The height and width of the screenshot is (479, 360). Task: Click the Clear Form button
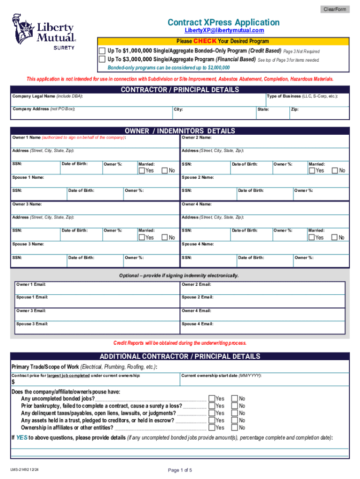pyautogui.click(x=334, y=9)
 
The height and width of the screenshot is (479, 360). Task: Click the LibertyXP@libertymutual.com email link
pyautogui.click(x=223, y=30)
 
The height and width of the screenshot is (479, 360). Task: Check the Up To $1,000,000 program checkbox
pyautogui.click(x=102, y=51)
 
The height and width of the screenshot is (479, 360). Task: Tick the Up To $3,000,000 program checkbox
pyautogui.click(x=102, y=59)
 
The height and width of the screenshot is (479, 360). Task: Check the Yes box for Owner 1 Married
pyautogui.click(x=142, y=171)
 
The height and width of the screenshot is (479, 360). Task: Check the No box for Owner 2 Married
pyautogui.click(x=334, y=171)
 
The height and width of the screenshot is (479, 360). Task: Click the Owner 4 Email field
pyautogui.click(x=264, y=313)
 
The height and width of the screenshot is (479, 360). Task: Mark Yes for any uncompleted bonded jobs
pyautogui.click(x=212, y=399)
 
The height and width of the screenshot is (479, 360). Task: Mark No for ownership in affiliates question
pyautogui.click(x=235, y=428)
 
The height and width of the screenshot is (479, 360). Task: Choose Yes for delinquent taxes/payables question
pyautogui.click(x=212, y=414)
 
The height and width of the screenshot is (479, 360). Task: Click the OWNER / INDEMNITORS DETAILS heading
pyautogui.click(x=180, y=131)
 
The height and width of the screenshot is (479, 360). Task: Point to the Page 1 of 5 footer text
pyautogui.click(x=180, y=470)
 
